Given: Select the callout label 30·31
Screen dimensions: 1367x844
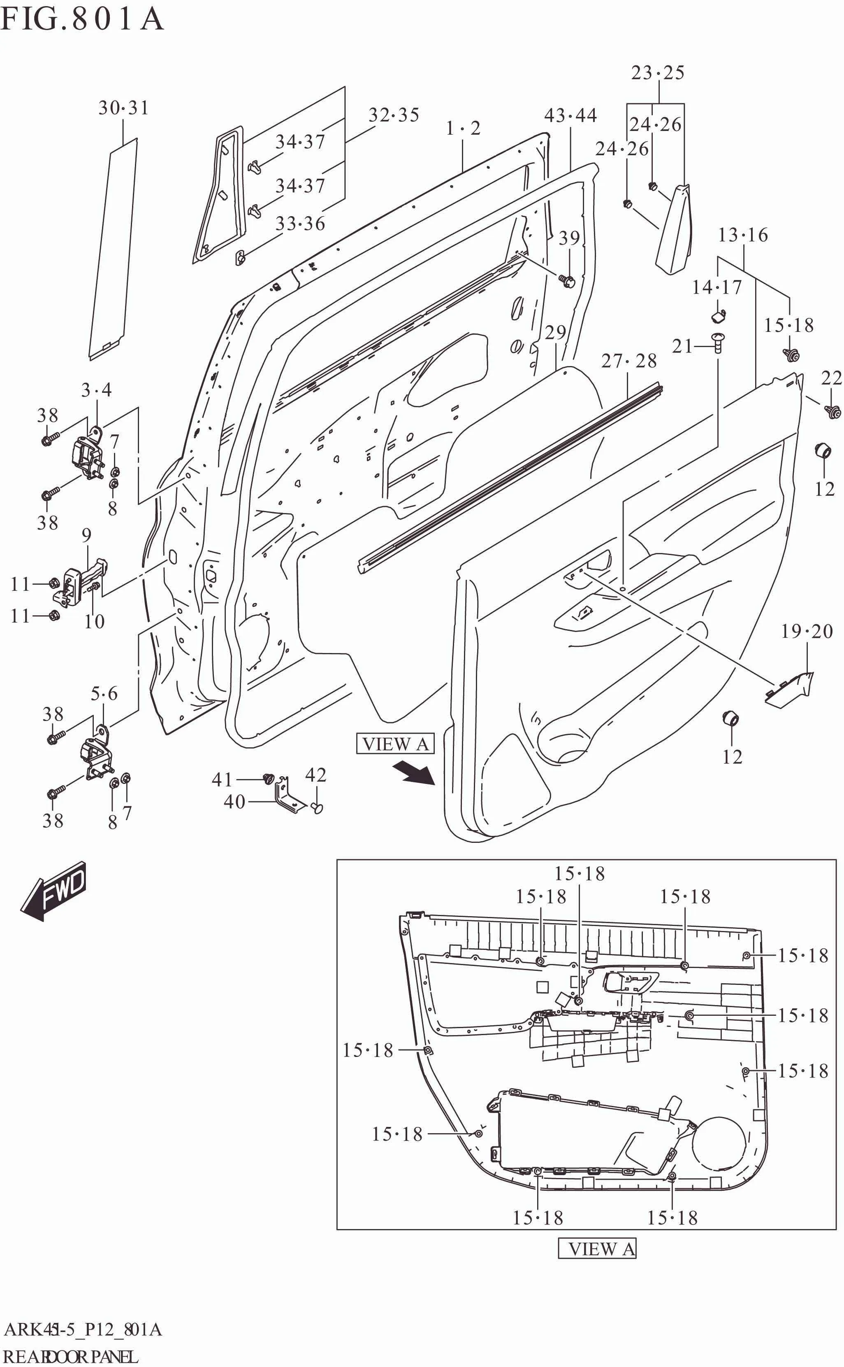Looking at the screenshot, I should point(124,108).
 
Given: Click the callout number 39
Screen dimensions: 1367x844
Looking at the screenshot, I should point(569,238).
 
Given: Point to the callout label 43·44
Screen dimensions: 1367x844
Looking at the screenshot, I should point(570,116).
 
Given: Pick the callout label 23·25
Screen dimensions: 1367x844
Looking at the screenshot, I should point(658,72).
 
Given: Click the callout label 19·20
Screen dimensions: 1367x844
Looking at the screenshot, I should point(807,631).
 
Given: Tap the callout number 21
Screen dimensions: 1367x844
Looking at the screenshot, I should point(682,346).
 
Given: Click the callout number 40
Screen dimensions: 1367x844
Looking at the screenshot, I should point(234,802).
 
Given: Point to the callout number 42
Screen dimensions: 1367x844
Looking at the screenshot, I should point(315,775).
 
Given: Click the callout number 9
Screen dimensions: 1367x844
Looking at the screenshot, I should point(86,535).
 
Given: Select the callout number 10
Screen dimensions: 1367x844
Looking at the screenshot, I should point(94,621).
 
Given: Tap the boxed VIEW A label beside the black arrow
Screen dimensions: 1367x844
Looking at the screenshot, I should point(395,744).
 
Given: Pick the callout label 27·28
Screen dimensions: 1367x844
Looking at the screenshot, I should point(628,361).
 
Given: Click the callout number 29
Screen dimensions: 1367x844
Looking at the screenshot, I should point(555,332).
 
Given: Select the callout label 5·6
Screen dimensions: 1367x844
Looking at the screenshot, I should point(104,694).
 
